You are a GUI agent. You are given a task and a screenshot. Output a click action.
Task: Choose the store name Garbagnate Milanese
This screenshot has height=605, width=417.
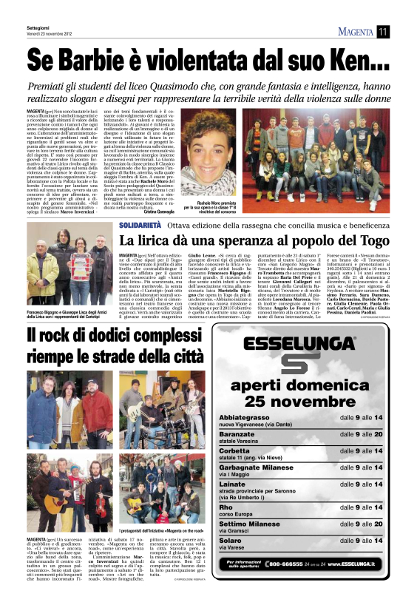(x=263, y=469)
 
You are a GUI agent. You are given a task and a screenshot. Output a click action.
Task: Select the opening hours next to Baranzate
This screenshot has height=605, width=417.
(x=361, y=435)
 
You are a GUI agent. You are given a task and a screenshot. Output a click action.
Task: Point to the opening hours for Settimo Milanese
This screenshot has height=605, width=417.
(x=361, y=525)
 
